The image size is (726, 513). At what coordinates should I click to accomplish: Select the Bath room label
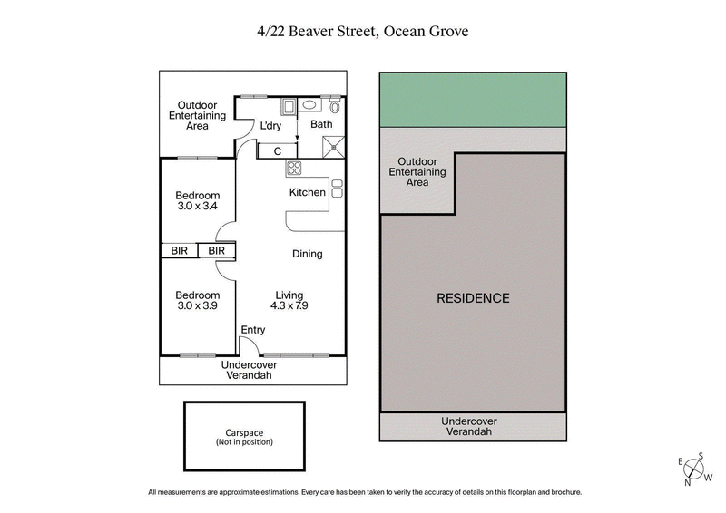(x=322, y=125)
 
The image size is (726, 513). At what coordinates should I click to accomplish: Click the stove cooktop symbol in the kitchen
(x=294, y=168)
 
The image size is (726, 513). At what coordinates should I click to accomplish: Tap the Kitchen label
(x=307, y=192)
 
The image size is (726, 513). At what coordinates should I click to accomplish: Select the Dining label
(x=307, y=254)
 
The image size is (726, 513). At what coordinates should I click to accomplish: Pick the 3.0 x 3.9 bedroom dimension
(x=198, y=307)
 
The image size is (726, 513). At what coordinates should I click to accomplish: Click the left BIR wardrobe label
(x=179, y=251)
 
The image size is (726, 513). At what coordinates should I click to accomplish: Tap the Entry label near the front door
(x=253, y=330)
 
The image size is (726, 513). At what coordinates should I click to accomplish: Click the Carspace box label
(x=244, y=437)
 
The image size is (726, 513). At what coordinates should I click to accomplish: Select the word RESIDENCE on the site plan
(x=473, y=298)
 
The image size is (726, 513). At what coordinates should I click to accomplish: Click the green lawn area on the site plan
(x=473, y=100)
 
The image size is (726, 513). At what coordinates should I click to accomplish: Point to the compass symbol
(x=694, y=469)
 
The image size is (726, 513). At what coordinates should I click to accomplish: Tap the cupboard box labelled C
(x=277, y=150)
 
